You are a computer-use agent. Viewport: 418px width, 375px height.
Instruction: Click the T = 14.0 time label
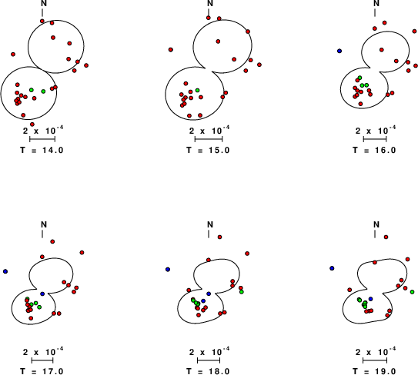[42, 150]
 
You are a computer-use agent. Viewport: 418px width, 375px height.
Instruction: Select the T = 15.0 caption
[208, 150]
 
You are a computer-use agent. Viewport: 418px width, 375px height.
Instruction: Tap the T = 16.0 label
[375, 150]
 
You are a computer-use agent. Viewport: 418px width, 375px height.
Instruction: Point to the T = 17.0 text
[42, 371]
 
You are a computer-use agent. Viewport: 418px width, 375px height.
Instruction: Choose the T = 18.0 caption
[208, 371]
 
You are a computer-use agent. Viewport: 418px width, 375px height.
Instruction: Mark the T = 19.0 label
[375, 371]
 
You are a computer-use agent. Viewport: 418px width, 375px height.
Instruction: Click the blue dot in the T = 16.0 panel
[339, 51]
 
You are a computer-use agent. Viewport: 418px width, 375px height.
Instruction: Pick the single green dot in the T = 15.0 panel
[197, 90]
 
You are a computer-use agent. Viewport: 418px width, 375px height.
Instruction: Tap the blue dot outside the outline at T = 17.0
[5, 271]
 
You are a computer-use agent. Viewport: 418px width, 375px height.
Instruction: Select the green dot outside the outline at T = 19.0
[412, 292]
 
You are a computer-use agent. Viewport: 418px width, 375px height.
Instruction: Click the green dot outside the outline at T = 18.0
[242, 292]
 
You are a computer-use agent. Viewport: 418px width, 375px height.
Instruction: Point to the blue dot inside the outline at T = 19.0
[370, 299]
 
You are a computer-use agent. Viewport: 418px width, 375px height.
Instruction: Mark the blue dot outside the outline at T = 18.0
[168, 270]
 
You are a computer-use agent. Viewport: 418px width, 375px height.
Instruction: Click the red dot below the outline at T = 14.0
[32, 124]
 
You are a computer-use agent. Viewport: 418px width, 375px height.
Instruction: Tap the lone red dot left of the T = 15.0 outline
[171, 49]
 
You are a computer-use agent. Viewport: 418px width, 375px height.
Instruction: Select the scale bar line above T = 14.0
[42, 139]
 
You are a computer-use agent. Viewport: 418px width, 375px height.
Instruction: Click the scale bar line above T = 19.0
[375, 360]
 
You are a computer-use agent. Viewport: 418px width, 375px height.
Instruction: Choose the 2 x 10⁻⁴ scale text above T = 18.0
[209, 352]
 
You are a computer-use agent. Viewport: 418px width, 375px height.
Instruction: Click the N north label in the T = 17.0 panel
[44, 224]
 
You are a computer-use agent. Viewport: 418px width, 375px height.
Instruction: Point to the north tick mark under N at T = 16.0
[375, 12]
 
